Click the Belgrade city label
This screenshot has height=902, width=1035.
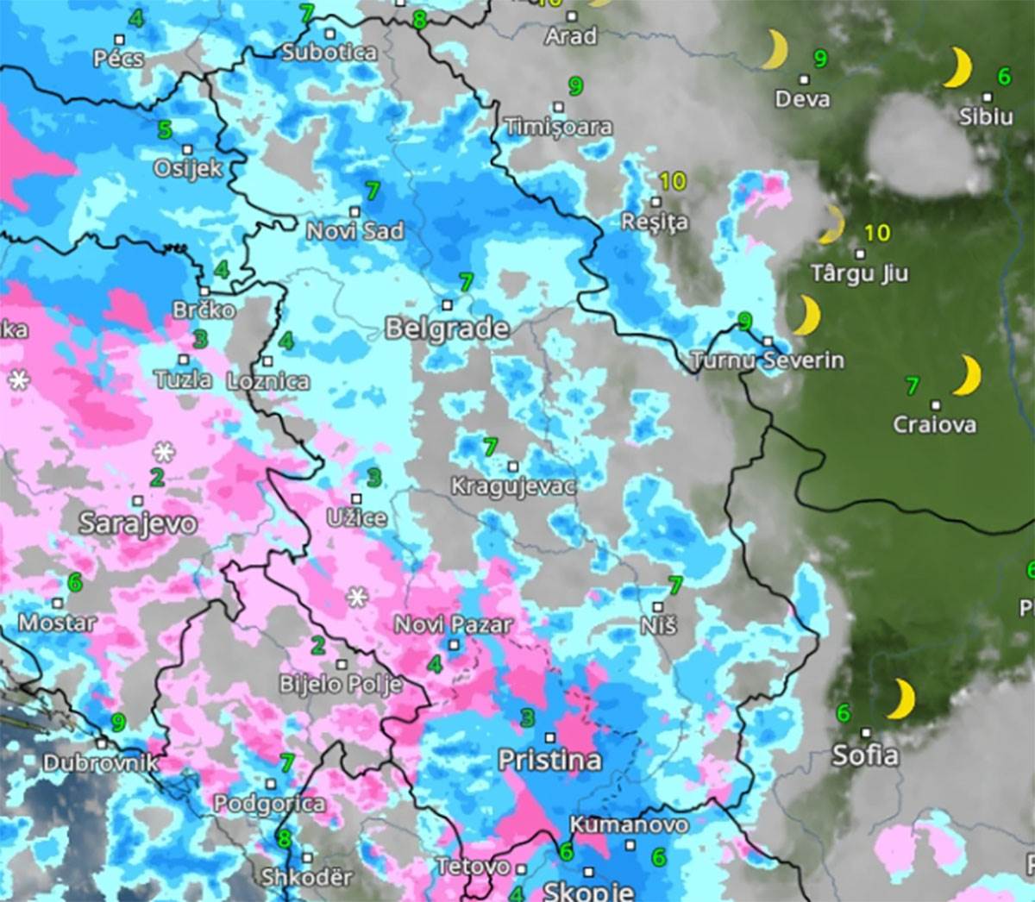447,329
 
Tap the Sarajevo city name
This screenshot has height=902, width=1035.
138,523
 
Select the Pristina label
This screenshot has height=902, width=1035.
549,760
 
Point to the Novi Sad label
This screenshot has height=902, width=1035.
354,231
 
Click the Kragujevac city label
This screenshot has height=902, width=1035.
513,487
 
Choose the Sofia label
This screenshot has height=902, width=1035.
865,755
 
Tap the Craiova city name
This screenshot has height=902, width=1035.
935,424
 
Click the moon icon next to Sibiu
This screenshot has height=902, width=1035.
958,67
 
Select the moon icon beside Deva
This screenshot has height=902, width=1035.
774,49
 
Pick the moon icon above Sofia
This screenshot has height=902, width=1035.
901,698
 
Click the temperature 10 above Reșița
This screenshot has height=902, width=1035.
673,181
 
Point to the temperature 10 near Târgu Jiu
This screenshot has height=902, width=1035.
876,233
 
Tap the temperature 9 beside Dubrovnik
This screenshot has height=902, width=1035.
118,723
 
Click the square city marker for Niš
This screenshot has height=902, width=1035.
658,607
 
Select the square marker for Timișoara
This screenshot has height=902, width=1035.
558,107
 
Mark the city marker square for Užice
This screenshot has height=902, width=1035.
356,498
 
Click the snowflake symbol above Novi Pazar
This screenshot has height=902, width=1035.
357,596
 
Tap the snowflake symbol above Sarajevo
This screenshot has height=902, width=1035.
163,451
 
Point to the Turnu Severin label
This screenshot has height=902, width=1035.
768,360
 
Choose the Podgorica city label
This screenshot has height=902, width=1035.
270,804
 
